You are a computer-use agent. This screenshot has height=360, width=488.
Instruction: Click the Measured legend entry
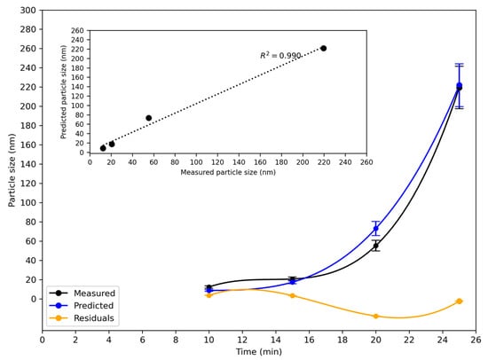click(x=90, y=293)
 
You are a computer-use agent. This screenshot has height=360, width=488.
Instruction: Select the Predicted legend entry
click(x=90, y=305)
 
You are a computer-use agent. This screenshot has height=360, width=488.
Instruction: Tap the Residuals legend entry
click(x=90, y=317)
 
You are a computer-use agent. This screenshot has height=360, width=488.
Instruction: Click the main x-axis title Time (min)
click(x=258, y=352)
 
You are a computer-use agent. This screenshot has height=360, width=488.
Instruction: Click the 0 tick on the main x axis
click(x=43, y=338)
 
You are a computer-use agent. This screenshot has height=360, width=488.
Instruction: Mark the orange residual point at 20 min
click(x=375, y=316)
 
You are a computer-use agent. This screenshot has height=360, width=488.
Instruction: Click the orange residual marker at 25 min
click(x=459, y=301)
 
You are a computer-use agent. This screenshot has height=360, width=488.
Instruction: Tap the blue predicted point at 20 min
click(x=375, y=229)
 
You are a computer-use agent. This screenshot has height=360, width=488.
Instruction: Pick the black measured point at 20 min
click(x=375, y=246)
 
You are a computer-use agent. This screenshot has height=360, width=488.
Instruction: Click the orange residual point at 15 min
click(x=292, y=295)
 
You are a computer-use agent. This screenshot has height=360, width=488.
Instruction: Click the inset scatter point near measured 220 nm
click(x=323, y=48)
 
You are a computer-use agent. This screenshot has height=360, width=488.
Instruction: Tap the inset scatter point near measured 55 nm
click(x=148, y=118)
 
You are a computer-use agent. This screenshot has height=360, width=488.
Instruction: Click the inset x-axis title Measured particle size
click(x=228, y=172)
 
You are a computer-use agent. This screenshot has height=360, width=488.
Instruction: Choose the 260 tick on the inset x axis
click(x=366, y=162)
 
